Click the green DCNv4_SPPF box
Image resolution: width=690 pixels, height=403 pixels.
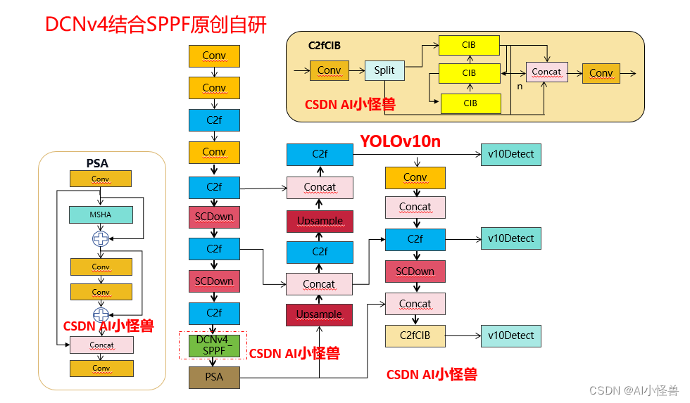[214, 345]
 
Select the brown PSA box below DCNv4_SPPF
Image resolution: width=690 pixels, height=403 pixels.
[214, 377]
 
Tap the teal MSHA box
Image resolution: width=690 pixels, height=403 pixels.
[101, 215]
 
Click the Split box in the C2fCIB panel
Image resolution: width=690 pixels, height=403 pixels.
[384, 70]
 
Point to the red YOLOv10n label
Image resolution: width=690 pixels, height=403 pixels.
[400, 141]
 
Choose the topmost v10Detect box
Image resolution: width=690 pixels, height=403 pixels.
[511, 154]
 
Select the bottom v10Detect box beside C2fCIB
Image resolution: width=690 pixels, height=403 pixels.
[511, 335]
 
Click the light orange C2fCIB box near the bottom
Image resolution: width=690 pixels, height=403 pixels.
[415, 335]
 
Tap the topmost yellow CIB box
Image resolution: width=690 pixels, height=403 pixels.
[469, 45]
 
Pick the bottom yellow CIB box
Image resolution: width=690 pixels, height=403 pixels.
[470, 103]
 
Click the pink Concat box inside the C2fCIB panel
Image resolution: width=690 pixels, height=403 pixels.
[546, 72]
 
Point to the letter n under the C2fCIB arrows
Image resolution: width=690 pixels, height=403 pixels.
[520, 87]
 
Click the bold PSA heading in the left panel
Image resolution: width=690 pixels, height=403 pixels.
[98, 163]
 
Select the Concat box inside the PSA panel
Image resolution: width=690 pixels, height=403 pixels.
[101, 345]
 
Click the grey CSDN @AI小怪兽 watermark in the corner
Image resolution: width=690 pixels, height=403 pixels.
[633, 390]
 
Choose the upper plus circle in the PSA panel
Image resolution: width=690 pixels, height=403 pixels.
[101, 238]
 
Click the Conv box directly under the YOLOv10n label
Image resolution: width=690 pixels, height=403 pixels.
[415, 177]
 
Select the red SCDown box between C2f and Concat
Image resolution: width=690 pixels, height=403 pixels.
[415, 271]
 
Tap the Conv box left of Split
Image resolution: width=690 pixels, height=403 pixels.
[329, 70]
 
